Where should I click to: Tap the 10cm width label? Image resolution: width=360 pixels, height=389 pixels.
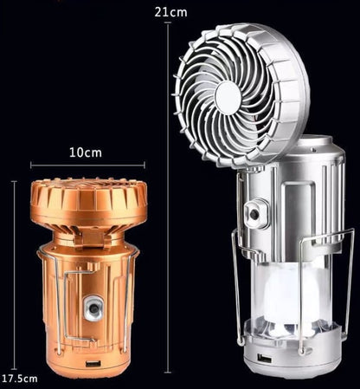[85, 152]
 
